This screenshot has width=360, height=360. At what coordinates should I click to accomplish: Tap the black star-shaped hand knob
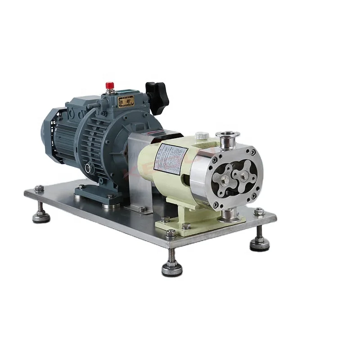click(157, 96)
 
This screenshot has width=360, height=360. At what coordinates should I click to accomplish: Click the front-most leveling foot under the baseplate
click(172, 268)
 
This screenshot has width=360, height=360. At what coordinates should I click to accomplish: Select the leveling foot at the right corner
click(260, 243)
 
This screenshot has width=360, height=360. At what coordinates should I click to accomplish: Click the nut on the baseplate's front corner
click(171, 234)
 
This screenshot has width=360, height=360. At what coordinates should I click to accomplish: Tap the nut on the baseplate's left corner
click(39, 189)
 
